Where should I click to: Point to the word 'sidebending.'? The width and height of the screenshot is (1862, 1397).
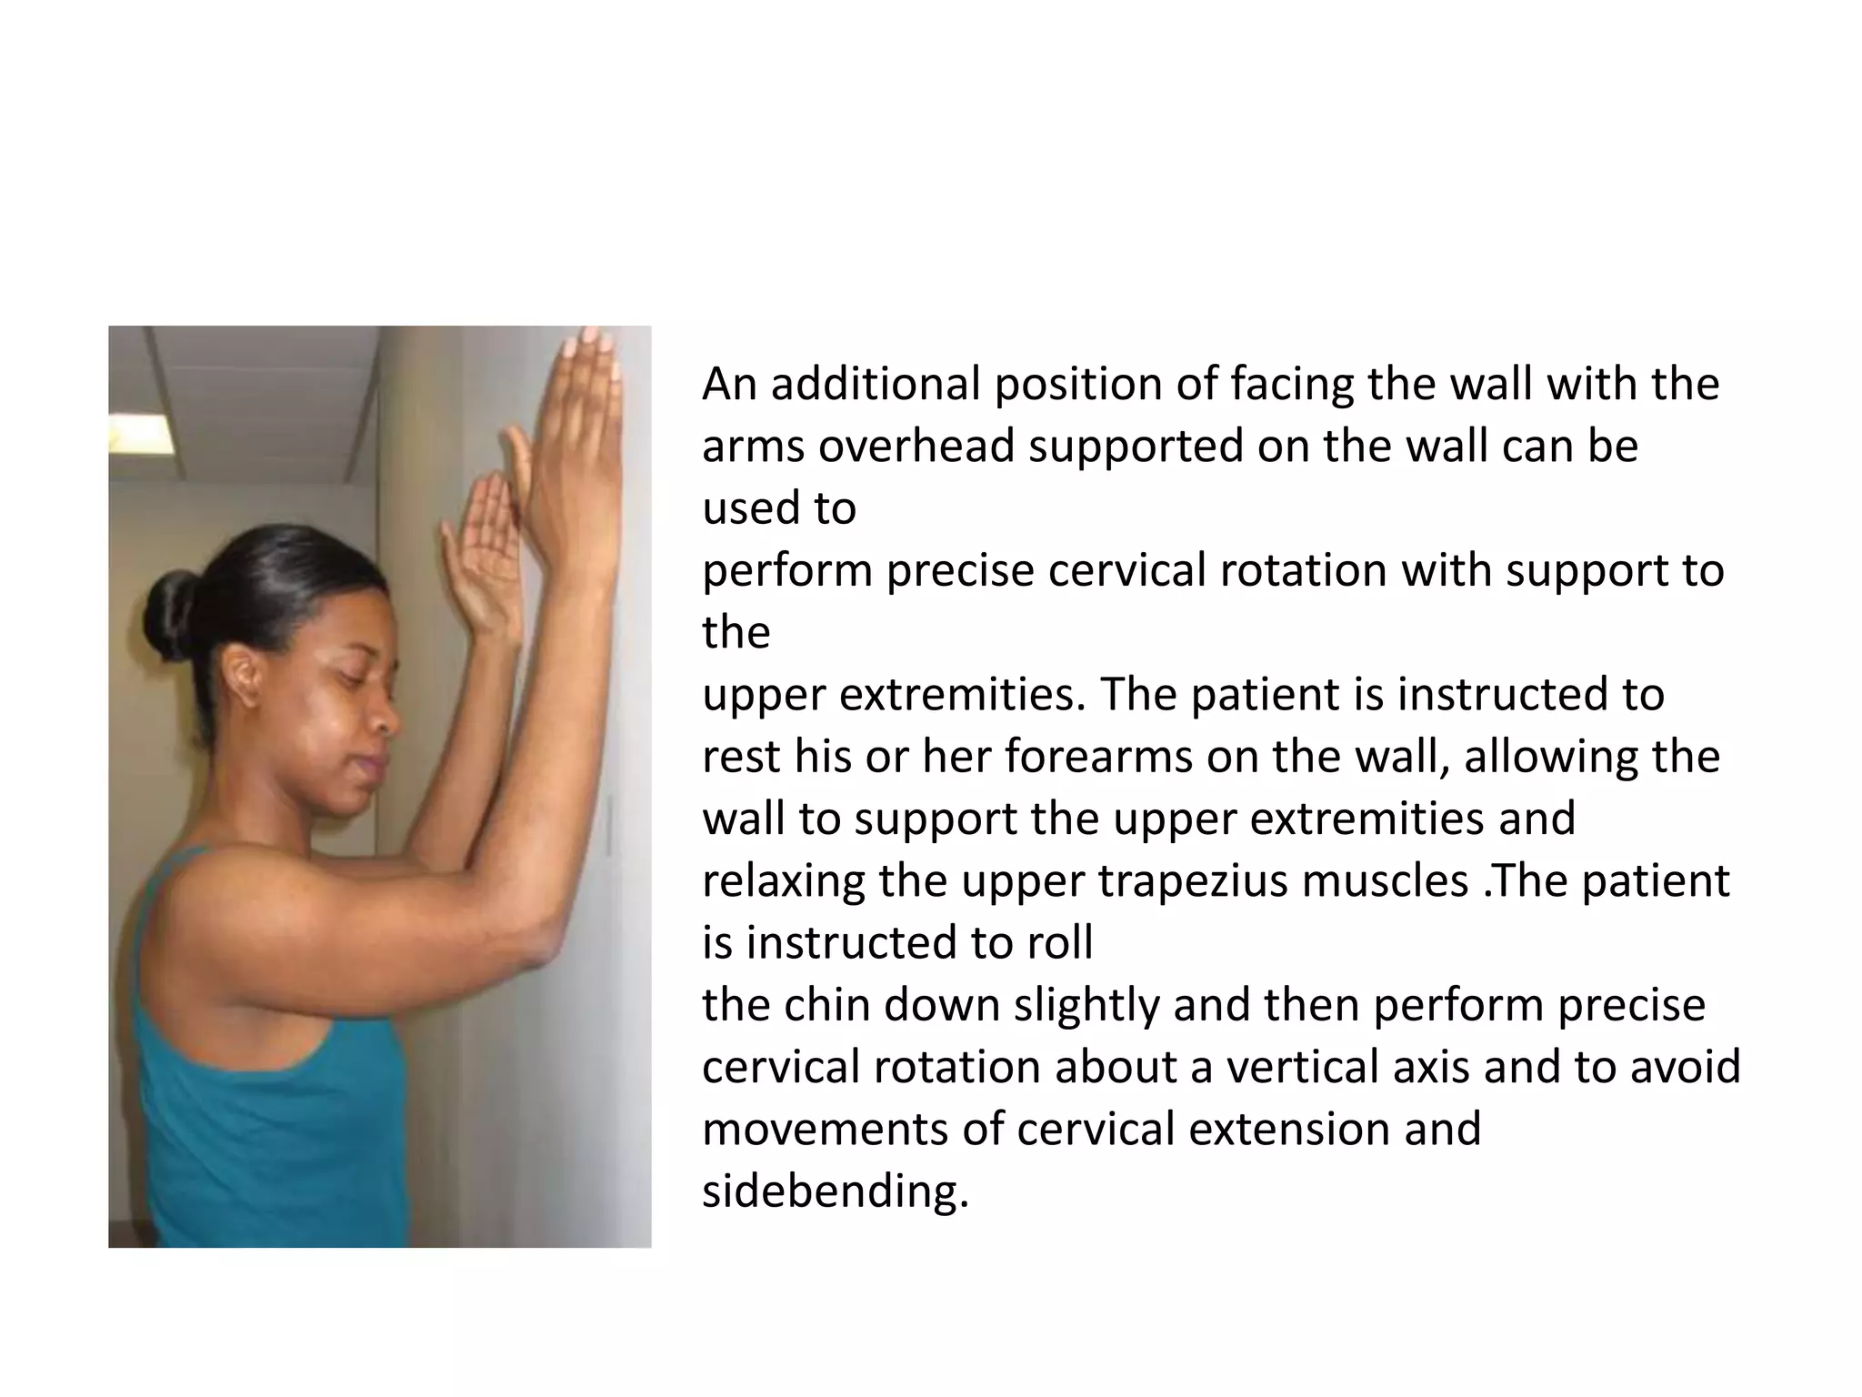836,1191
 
